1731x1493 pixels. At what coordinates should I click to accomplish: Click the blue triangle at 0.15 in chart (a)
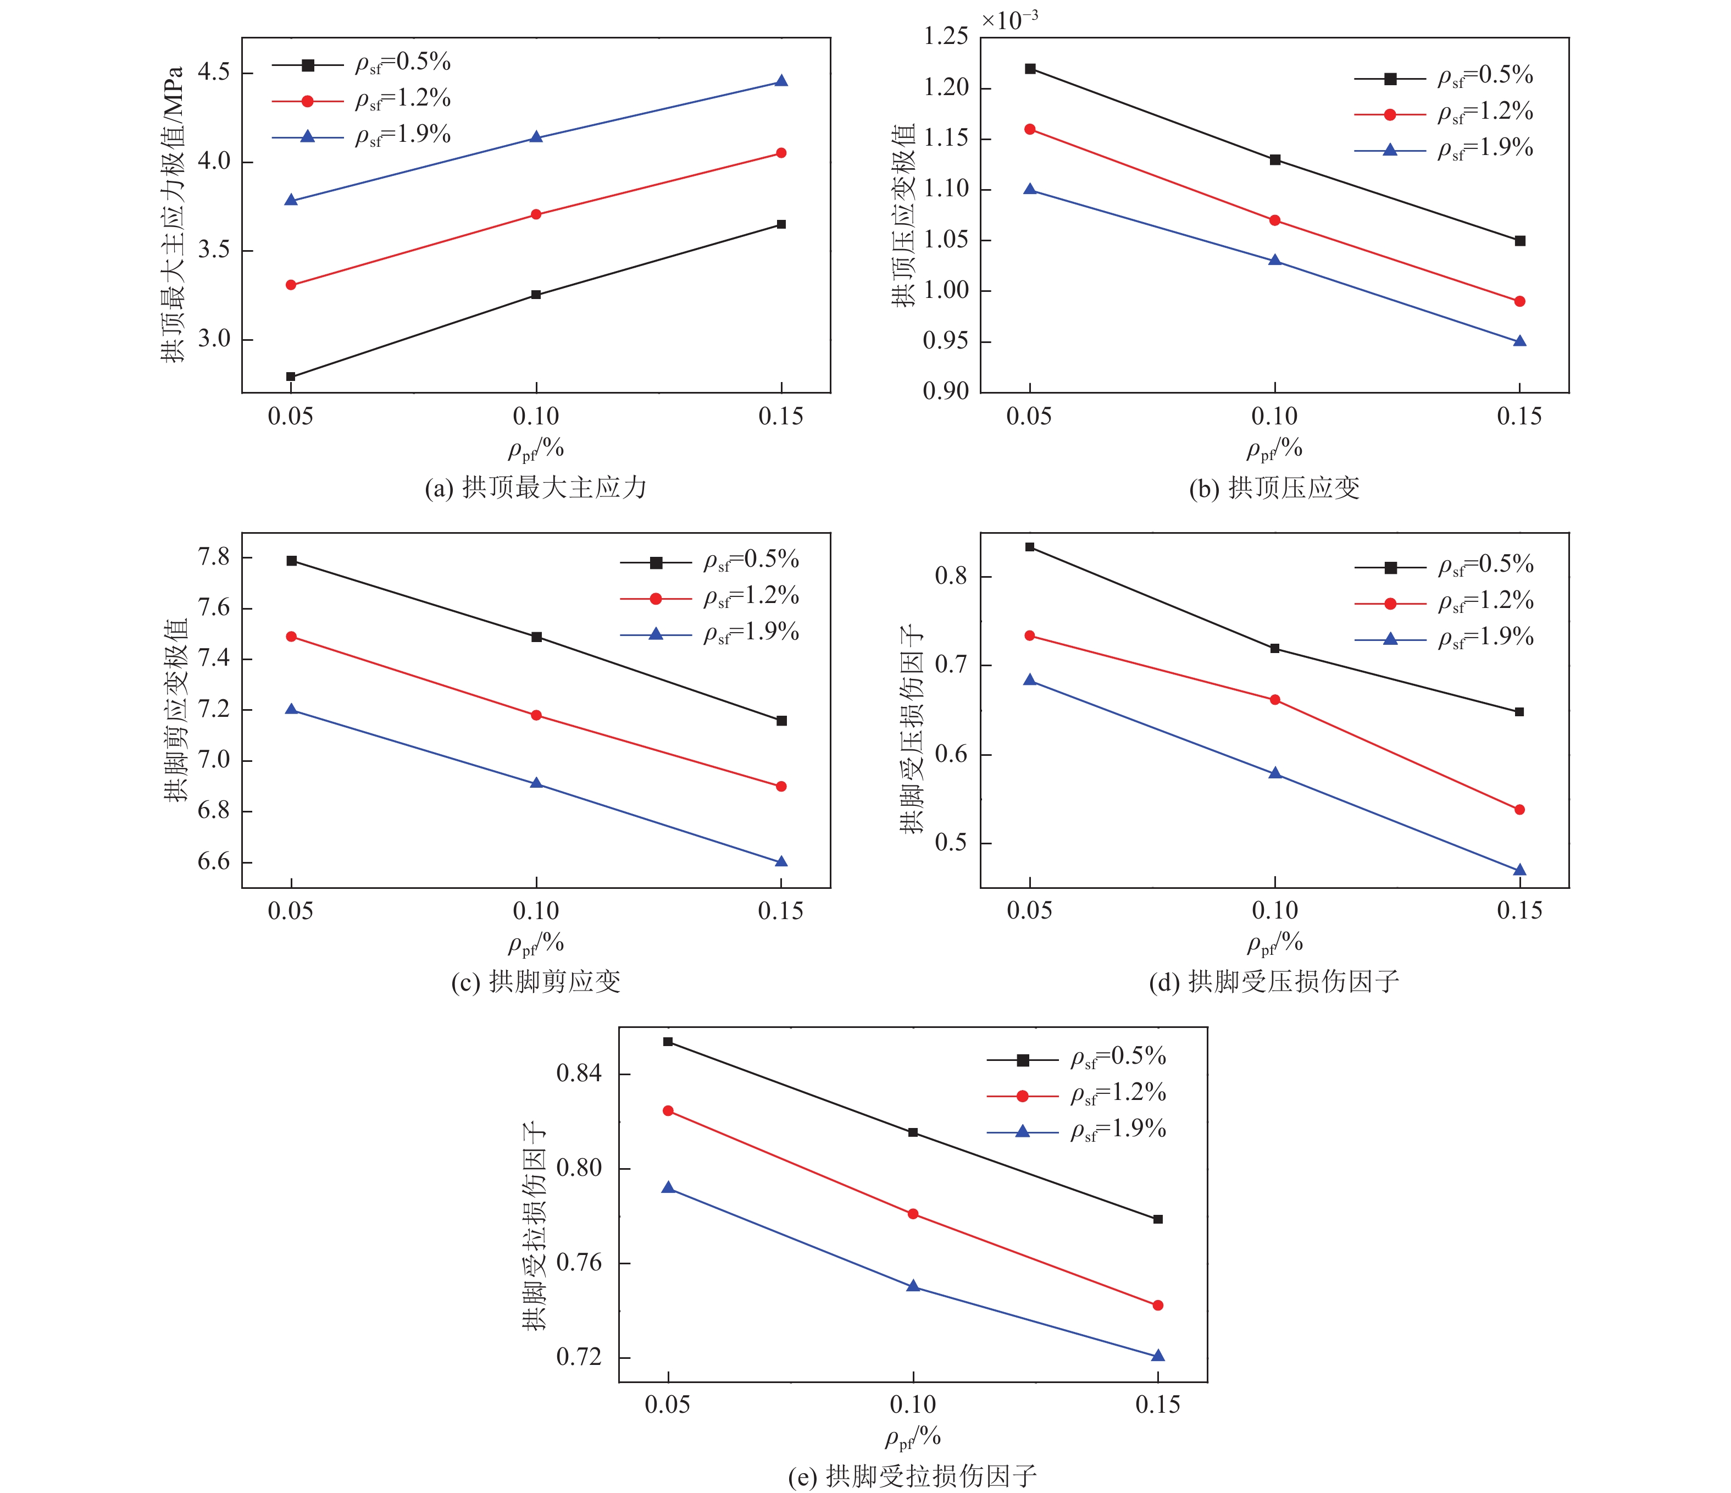pos(781,81)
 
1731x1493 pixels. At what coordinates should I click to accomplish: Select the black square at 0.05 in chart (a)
pos(291,377)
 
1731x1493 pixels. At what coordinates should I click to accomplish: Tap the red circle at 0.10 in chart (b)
pos(1275,220)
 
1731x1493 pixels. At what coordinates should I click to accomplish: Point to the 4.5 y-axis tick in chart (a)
pos(214,73)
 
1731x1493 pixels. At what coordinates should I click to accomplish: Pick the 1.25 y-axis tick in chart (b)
pos(946,37)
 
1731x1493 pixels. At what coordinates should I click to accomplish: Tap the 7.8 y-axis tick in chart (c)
pos(214,557)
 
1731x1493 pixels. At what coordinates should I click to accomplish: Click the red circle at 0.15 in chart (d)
pos(1519,810)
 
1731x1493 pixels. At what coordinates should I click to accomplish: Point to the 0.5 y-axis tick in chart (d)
pos(952,843)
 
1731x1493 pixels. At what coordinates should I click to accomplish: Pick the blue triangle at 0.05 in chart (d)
pos(1030,680)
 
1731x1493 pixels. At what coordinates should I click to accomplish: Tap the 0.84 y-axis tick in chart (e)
pos(579,1074)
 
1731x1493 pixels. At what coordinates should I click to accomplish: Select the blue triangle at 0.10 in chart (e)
pos(913,1286)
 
